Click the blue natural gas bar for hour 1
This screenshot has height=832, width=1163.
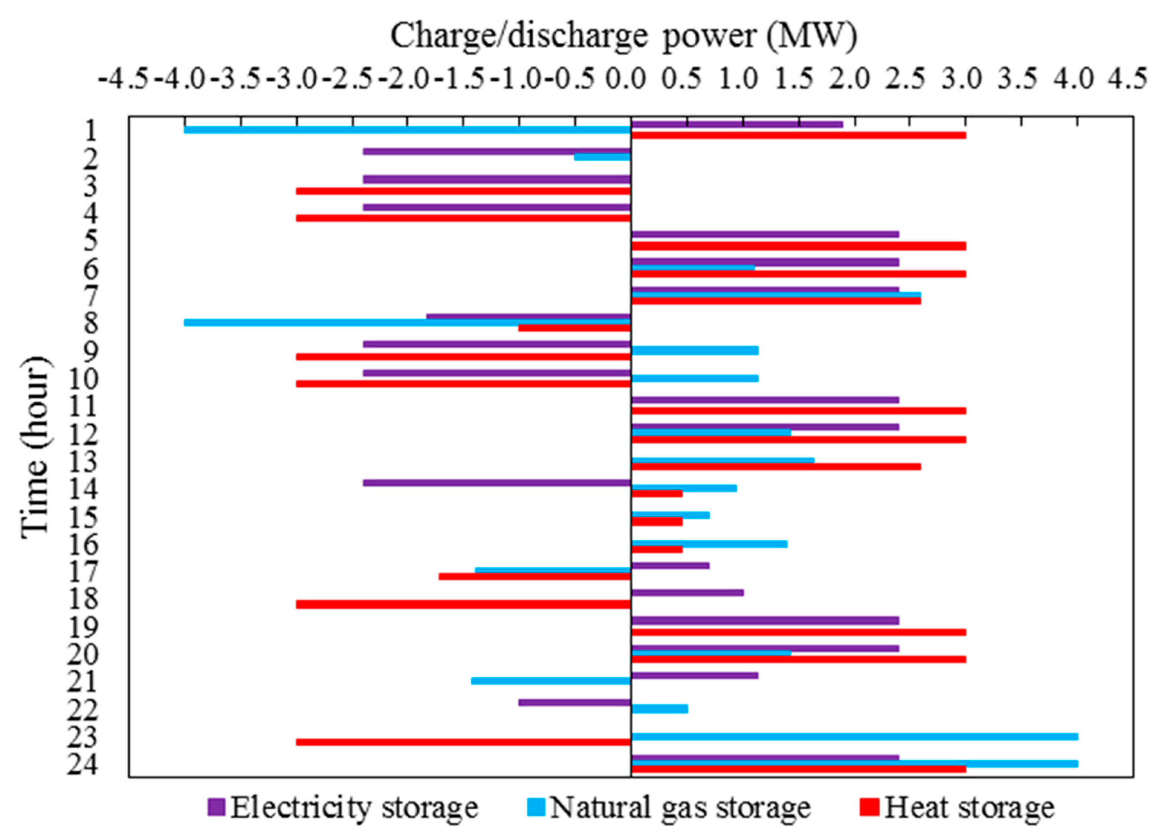(407, 130)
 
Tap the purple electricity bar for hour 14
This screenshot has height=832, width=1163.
(497, 483)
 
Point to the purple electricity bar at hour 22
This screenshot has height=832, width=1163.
(574, 702)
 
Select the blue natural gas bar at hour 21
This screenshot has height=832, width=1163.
(551, 681)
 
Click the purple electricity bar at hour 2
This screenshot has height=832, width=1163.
(497, 152)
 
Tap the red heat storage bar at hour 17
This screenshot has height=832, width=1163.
(534, 576)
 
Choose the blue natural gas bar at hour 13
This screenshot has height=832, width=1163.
(723, 460)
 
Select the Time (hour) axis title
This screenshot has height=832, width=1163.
(36, 446)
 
